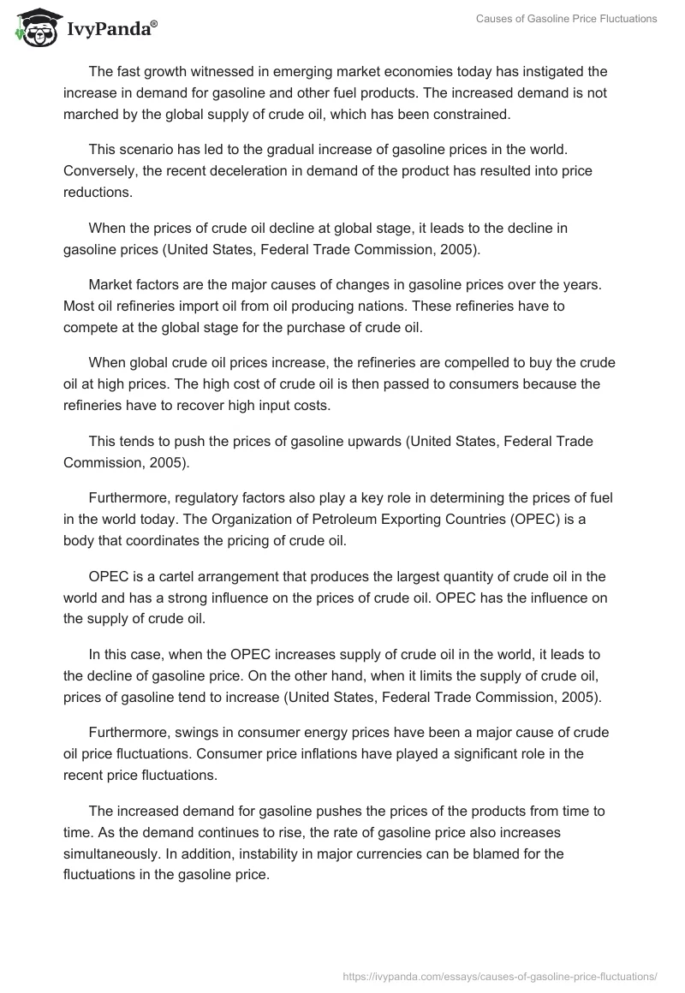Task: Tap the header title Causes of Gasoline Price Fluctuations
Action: coord(567,20)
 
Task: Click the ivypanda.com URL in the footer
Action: coord(500,975)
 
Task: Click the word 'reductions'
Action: coord(98,192)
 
